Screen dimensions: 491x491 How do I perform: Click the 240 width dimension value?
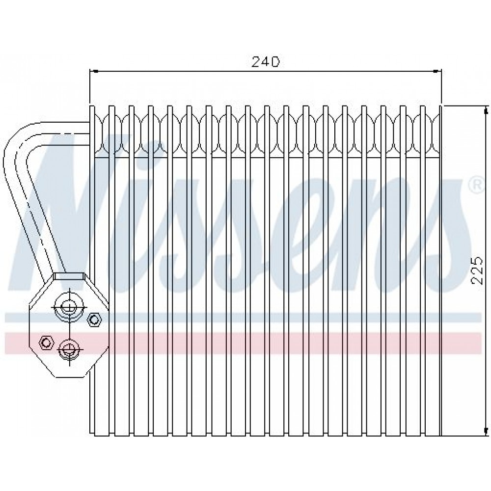[265, 62]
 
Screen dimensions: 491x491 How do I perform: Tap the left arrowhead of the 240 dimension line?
[94, 72]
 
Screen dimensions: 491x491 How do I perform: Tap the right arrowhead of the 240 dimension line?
[437, 72]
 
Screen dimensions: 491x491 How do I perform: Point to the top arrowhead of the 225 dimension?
[486, 109]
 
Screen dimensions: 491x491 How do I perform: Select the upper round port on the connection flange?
[69, 307]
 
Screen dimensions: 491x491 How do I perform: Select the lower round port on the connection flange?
[69, 349]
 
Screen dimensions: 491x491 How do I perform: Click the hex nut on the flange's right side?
[94, 320]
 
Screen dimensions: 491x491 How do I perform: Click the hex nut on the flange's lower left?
[46, 343]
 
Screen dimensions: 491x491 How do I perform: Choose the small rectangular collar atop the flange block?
[69, 276]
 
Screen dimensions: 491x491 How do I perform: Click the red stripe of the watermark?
[243, 343]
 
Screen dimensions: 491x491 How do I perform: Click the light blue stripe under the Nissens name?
[243, 317]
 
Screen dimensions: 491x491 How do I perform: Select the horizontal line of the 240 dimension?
[266, 72]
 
